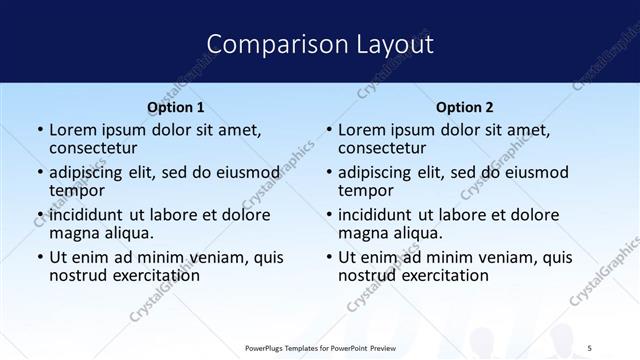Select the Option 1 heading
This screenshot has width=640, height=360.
coord(176,107)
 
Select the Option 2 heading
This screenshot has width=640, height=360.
coord(465,107)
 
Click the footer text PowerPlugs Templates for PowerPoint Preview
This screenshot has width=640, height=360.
coord(320,346)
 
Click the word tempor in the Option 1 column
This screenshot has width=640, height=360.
coord(76,191)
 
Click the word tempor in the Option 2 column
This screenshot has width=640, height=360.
coord(365,191)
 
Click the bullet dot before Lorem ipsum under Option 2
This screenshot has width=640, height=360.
coord(328,131)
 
